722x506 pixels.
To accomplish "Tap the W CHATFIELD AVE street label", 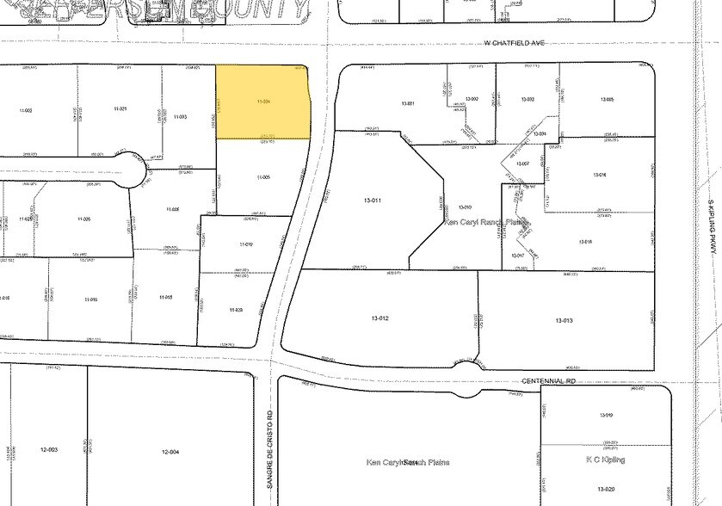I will (515, 42).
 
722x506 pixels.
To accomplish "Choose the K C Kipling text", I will (607, 460).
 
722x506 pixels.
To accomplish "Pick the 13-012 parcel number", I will (380, 319).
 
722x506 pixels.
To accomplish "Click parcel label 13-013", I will (565, 320).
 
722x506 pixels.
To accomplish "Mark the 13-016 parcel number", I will (600, 175).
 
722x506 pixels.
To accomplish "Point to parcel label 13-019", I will (605, 416).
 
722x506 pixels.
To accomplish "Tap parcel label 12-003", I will (49, 451).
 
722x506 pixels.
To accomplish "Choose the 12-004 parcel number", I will (170, 451).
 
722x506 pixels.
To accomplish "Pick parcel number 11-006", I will (83, 219).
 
